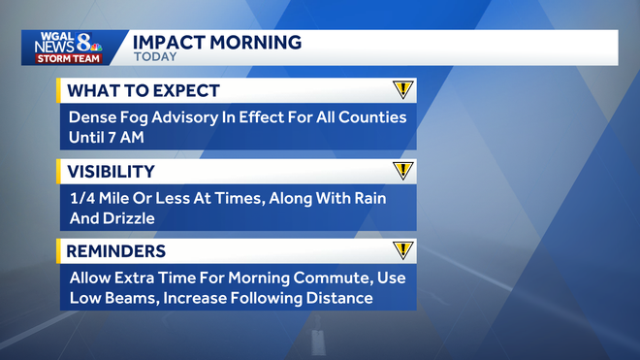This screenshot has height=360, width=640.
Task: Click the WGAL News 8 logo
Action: tap(66, 43)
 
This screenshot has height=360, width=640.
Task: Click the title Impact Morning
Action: tap(216, 42)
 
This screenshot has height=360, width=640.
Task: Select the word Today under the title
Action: tap(154, 57)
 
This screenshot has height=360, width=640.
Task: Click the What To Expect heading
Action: tap(143, 91)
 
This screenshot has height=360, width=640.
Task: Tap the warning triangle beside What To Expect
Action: tap(403, 90)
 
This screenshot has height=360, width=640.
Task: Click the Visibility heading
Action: tap(110, 172)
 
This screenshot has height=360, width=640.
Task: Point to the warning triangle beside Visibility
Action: tap(403, 171)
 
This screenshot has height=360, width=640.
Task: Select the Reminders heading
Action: tap(114, 251)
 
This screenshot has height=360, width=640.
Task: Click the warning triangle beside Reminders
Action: tap(403, 250)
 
